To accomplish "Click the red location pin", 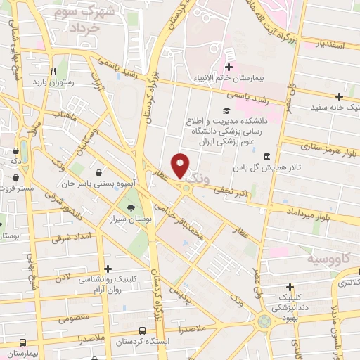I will (x=181, y=165).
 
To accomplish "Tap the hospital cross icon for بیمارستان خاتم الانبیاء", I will (x=229, y=58).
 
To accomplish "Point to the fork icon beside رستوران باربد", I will (x=52, y=70).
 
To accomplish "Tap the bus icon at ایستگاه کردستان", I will (x=143, y=330).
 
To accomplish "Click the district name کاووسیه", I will (x=329, y=259).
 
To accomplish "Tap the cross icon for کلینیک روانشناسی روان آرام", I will (x=108, y=269).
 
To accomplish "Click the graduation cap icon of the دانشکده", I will (x=225, y=111).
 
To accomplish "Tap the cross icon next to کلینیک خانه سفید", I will (x=339, y=96).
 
